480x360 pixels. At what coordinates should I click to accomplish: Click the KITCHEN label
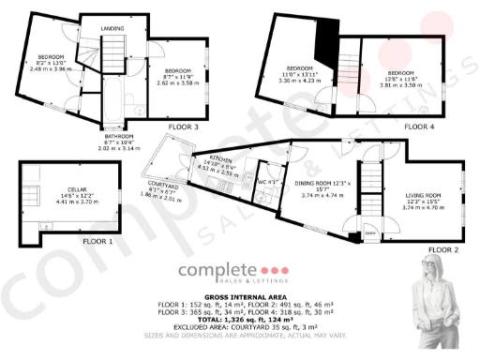(x=221, y=158)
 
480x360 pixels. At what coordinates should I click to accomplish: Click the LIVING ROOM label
(x=423, y=194)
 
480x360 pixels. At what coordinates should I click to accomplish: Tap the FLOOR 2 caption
(x=442, y=249)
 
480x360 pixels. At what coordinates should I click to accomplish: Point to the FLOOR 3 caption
(x=183, y=126)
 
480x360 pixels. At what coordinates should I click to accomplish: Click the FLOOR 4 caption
(x=421, y=125)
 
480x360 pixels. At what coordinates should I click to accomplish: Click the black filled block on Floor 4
(x=326, y=42)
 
